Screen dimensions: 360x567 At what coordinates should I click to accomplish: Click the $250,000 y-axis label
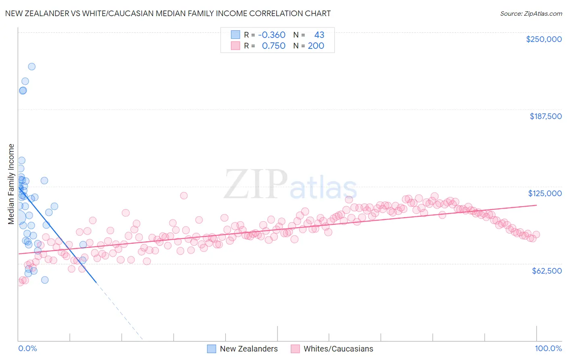tap(544, 39)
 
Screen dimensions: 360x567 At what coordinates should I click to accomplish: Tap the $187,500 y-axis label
tap(545, 116)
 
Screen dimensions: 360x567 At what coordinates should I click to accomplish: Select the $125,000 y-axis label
tap(545, 193)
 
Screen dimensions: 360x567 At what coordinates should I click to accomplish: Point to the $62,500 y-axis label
tap(546, 271)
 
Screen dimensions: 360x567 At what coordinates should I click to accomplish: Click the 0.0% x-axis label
tap(27, 348)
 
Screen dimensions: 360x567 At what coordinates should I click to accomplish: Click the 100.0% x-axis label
tap(548, 348)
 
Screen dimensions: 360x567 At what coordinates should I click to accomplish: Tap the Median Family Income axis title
tap(11, 184)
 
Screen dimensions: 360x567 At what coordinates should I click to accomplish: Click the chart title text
tap(168, 13)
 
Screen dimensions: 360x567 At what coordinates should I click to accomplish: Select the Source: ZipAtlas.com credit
tap(531, 13)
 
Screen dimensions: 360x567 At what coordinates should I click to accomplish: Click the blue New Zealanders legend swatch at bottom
tap(212, 349)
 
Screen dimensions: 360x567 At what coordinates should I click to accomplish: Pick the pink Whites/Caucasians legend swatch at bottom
tap(295, 349)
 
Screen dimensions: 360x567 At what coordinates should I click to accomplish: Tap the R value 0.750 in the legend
tap(273, 46)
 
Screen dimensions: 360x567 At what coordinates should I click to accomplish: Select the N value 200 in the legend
tap(316, 46)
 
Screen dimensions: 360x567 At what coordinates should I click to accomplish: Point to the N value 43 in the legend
tap(319, 35)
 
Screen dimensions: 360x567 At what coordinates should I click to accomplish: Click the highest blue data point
tap(31, 67)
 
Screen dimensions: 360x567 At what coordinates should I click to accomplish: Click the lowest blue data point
tap(45, 280)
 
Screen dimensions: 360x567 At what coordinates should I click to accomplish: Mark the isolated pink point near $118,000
tap(183, 196)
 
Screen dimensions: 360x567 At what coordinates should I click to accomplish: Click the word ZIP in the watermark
tap(255, 184)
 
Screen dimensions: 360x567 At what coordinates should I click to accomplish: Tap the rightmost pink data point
tap(536, 235)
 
